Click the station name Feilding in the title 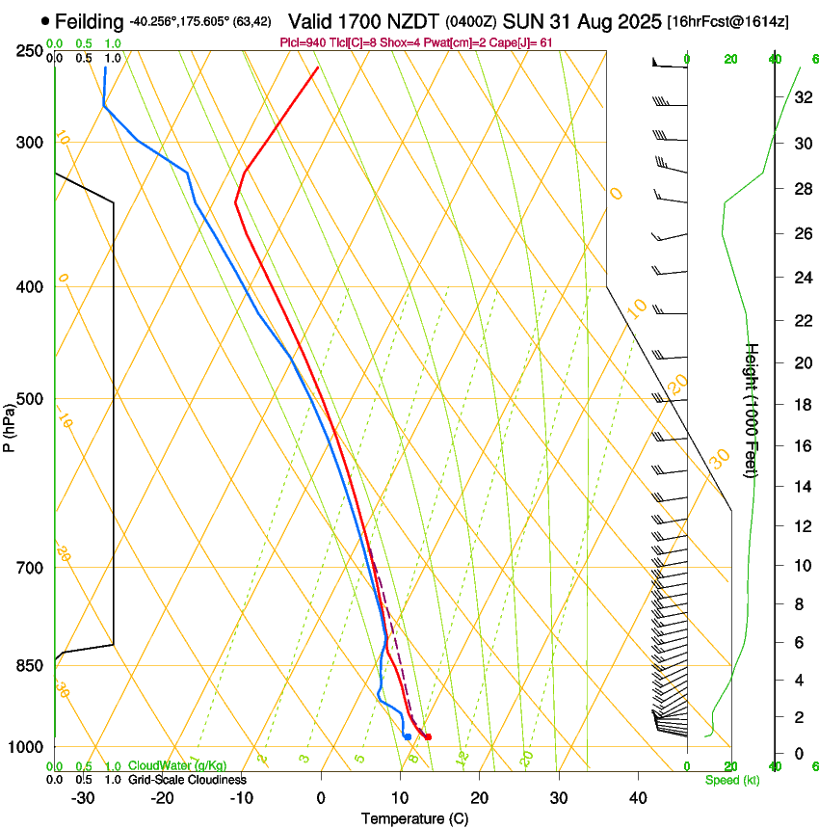[x=90, y=21]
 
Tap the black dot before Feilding [x=45, y=20]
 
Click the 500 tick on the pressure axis [x=31, y=399]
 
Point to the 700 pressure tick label [x=31, y=567]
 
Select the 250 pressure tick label [x=31, y=50]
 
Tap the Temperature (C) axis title [x=414, y=818]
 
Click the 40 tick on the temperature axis [x=637, y=797]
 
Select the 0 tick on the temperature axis [x=321, y=797]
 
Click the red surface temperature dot [x=428, y=737]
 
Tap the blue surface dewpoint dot [x=408, y=736]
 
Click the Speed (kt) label [x=731, y=780]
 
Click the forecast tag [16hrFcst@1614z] [x=727, y=22]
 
